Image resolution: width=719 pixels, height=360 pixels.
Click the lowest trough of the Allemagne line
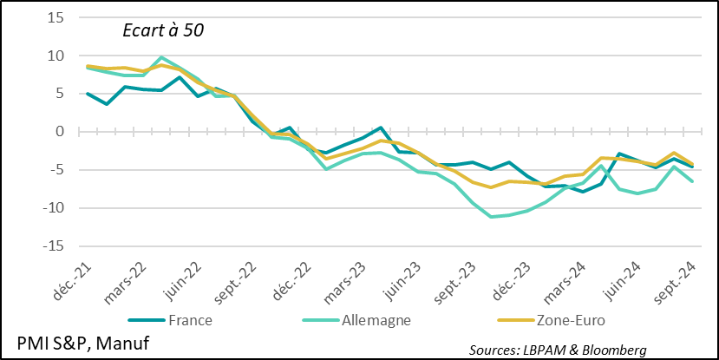click(492, 217)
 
